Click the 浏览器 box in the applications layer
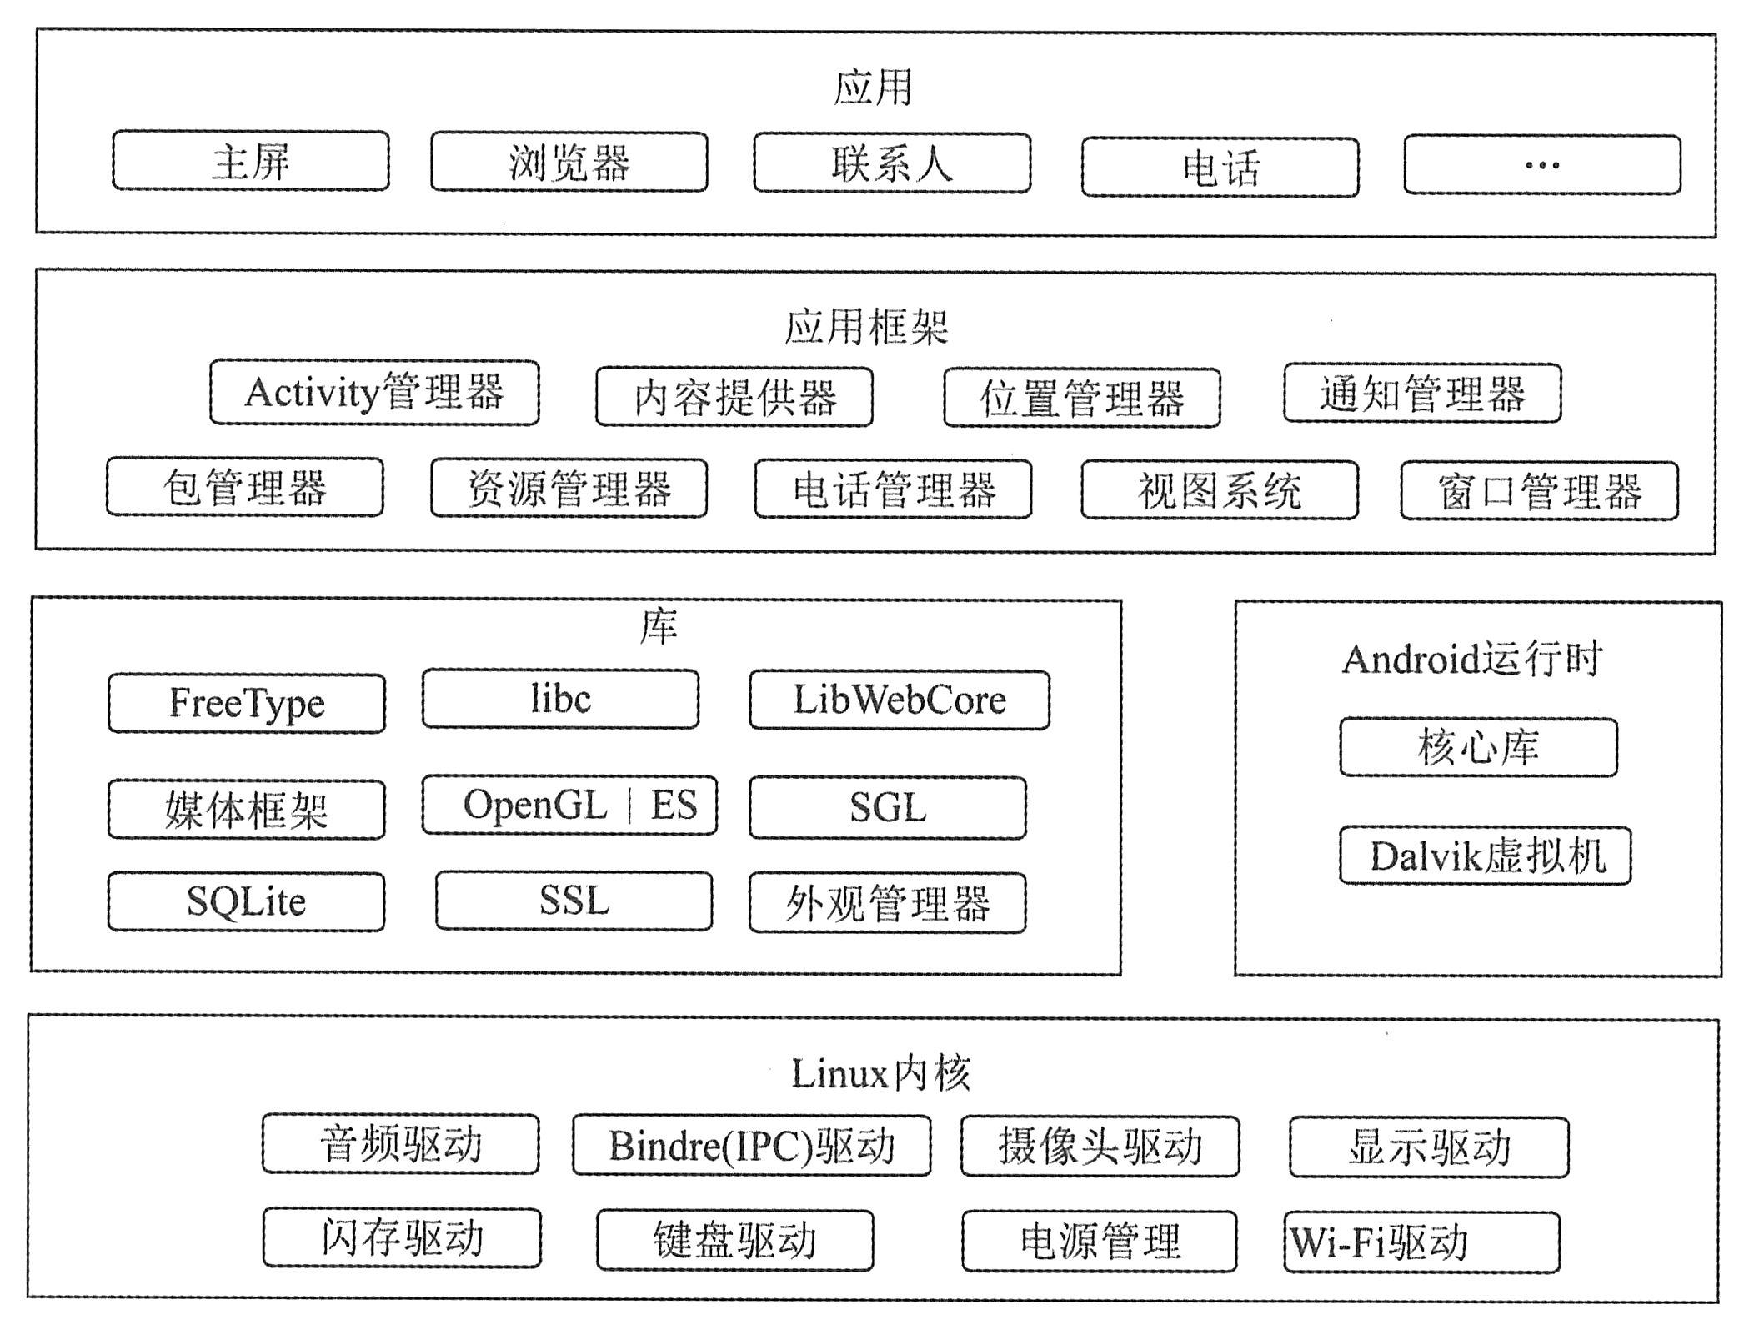pos(569,162)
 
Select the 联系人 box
pos(892,163)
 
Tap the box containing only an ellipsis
pos(1542,164)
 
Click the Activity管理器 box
pos(374,392)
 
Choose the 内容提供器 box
pos(734,397)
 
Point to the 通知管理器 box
pos(1422,393)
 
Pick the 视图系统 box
pos(1220,489)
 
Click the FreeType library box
pos(247,703)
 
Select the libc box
pos(560,699)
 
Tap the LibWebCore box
pos(900,700)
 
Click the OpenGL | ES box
pos(569,805)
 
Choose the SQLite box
pos(246,901)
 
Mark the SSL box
pos(574,901)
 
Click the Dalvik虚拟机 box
pos(1486,856)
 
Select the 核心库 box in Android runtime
pos(1478,746)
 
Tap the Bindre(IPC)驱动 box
pos(751,1146)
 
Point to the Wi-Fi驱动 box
pos(1421,1242)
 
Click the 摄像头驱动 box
pos(1100,1146)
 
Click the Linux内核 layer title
pos(880,1073)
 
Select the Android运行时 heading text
pos(1471,659)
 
